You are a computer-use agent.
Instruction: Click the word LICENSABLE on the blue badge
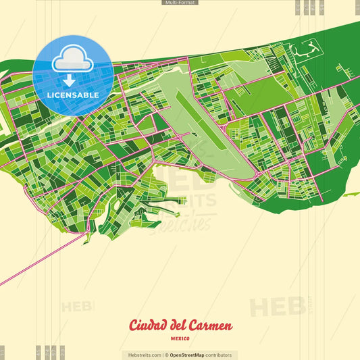73,95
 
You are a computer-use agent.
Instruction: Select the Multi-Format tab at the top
180,3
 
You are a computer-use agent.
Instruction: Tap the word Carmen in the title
213,326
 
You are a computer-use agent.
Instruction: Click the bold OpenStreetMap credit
186,355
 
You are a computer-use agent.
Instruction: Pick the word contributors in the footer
218,355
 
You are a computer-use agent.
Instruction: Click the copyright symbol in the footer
166,355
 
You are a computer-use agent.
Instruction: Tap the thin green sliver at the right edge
351,194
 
